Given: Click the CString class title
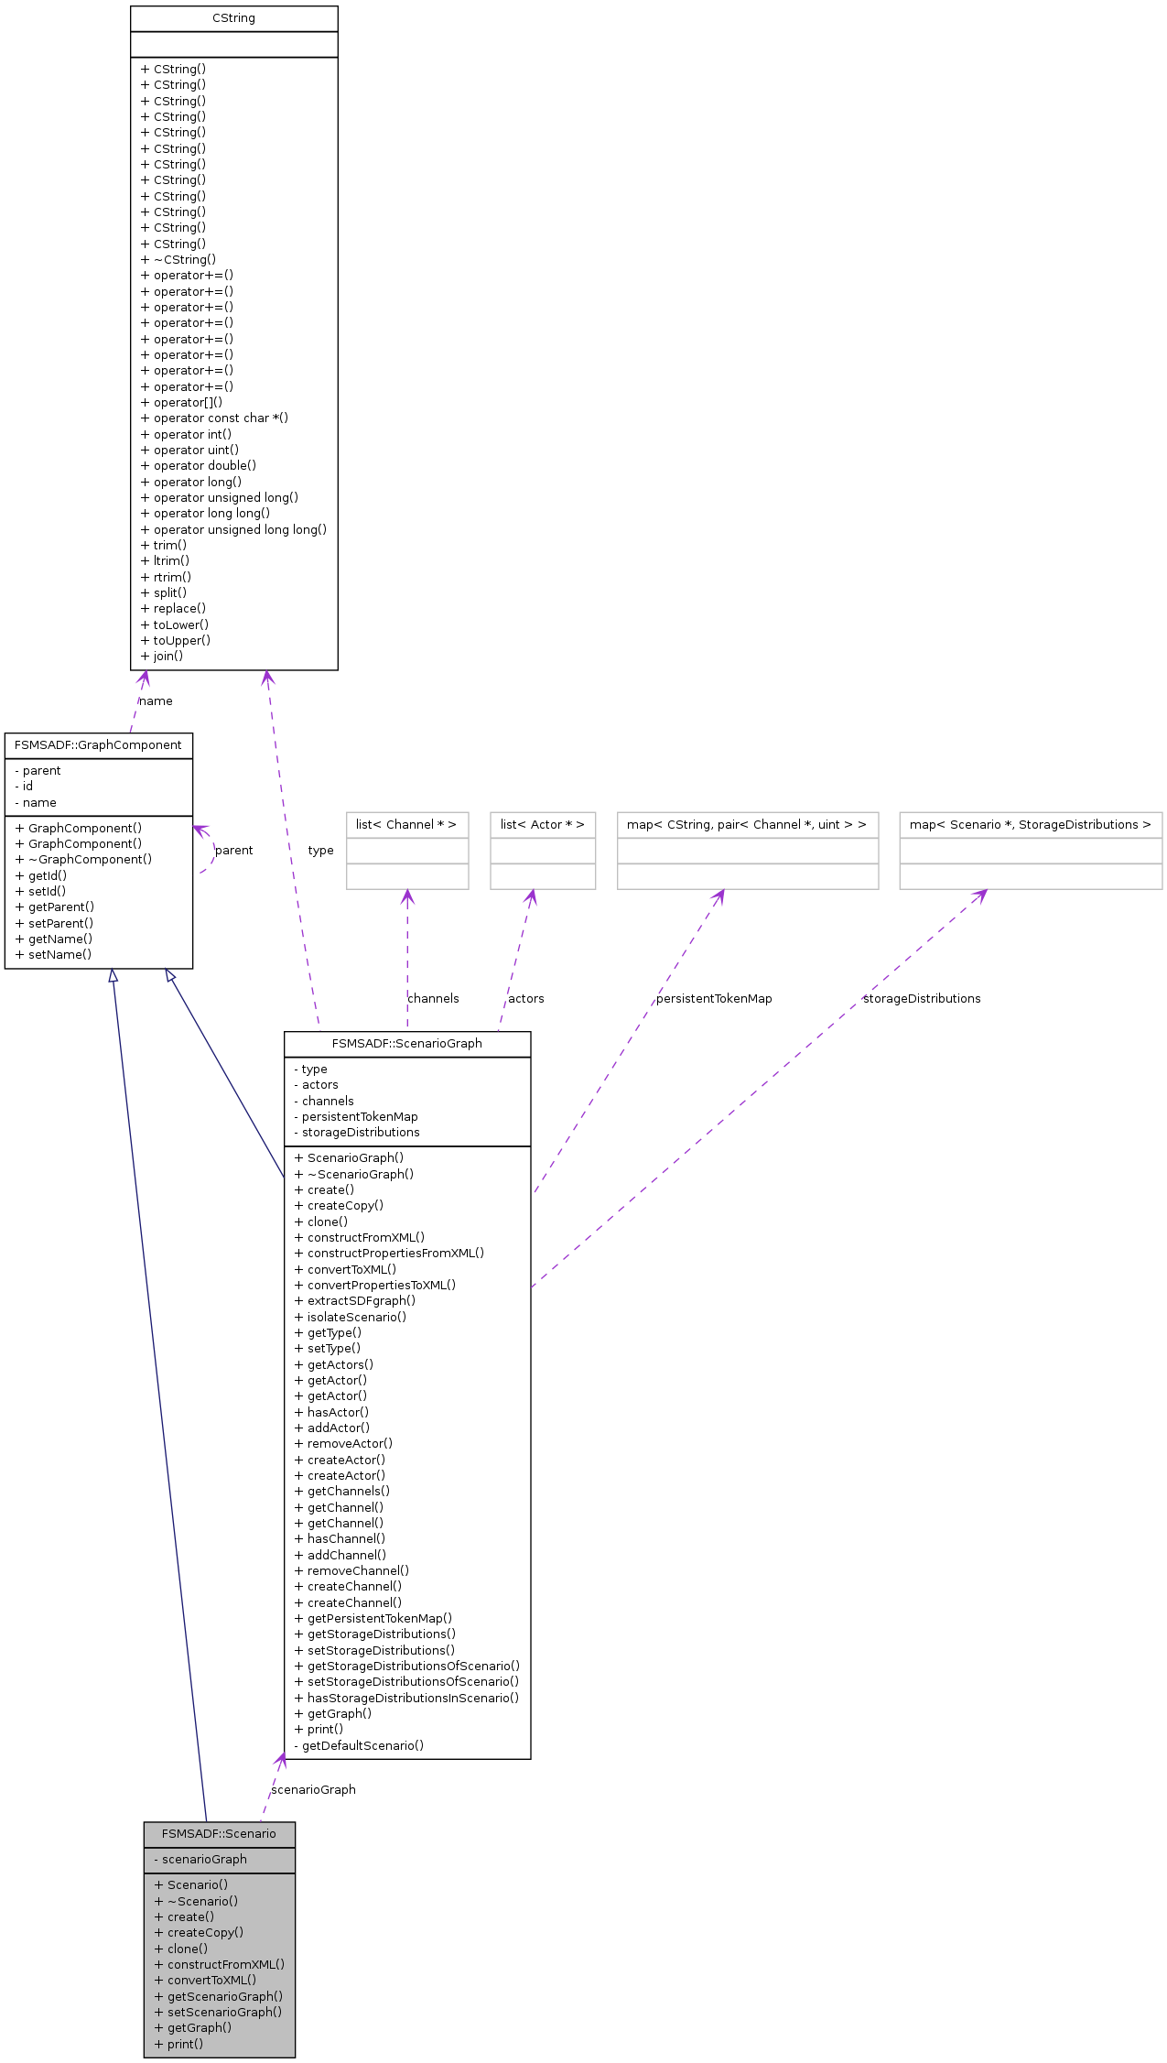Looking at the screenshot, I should point(233,18).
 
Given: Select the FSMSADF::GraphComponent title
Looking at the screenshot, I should point(98,745).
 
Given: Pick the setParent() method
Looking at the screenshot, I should point(60,923).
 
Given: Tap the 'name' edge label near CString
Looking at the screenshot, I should point(156,701).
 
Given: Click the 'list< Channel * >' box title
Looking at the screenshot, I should point(406,825).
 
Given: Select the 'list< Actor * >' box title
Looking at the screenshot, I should point(542,825).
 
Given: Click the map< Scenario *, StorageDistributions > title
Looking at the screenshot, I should point(1030,825).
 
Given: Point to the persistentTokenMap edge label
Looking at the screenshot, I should point(714,999).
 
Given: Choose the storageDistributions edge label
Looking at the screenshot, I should point(922,999).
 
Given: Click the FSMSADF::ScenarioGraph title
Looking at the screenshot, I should point(406,1044).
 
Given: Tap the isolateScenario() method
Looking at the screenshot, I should point(356,1317).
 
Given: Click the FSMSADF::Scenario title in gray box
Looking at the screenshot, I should point(219,1834).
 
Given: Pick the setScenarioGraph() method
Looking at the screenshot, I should point(224,2013).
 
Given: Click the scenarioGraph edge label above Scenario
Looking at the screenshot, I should point(313,1790).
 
